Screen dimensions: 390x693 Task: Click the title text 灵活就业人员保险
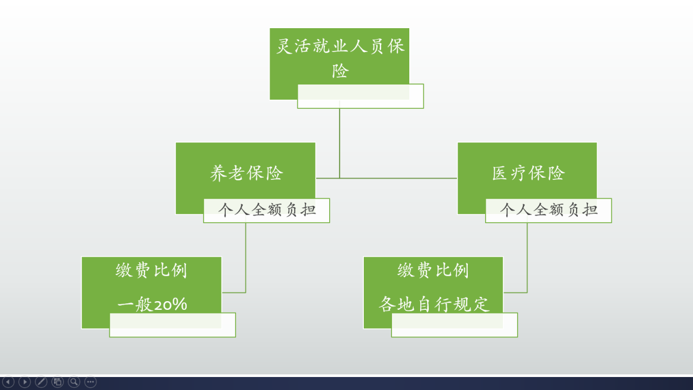tap(340, 47)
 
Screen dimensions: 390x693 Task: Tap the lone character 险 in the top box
tap(340, 71)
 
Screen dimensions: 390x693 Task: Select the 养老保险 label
tap(246, 173)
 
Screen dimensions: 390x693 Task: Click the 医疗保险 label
tap(528, 173)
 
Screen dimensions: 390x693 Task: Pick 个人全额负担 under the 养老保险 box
tap(266, 210)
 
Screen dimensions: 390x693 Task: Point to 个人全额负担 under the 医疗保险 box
tap(548, 210)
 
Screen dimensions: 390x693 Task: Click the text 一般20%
tap(152, 304)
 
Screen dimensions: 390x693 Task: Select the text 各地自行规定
tap(434, 304)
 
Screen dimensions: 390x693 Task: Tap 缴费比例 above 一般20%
tap(152, 270)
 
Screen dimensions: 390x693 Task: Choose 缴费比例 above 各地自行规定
tap(433, 270)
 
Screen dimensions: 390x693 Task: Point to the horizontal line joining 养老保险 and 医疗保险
tap(387, 178)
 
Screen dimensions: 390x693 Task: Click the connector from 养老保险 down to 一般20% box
tap(246, 260)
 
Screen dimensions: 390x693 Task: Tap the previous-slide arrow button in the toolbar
tap(8, 382)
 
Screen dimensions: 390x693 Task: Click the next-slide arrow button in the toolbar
tap(24, 382)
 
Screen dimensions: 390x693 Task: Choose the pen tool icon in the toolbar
tap(41, 382)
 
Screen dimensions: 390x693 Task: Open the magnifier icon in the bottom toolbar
tap(74, 382)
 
